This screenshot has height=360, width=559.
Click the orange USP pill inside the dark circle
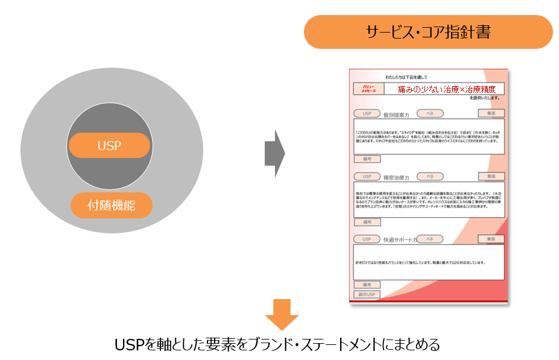(109, 145)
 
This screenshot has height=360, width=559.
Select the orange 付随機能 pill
(112, 205)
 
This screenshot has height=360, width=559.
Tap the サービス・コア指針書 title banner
(428, 32)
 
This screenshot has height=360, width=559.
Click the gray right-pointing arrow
(274, 153)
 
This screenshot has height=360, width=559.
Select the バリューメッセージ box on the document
(368, 89)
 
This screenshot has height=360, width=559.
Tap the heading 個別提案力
(396, 114)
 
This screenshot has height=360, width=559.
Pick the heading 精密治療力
(396, 177)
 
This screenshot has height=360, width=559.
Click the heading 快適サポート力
(400, 239)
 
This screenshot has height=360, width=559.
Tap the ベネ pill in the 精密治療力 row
(430, 176)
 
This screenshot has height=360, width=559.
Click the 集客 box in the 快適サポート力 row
(491, 239)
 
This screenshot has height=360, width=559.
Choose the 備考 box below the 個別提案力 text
(367, 159)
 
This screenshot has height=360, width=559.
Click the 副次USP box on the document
(367, 294)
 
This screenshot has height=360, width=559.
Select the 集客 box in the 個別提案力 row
(491, 113)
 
